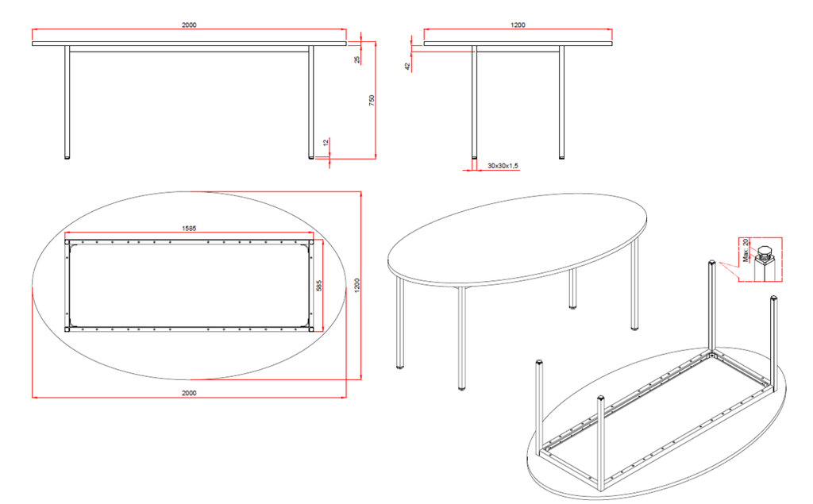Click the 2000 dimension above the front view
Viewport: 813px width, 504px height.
tap(189, 25)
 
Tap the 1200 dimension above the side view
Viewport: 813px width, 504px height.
tap(518, 25)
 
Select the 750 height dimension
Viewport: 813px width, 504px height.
tap(372, 101)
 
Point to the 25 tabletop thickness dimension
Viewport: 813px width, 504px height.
tap(357, 60)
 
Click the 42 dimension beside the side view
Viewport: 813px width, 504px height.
tap(407, 67)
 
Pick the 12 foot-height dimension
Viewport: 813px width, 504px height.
tap(326, 142)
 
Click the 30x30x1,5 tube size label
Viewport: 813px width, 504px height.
tap(503, 166)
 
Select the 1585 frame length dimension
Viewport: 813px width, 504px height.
tap(189, 228)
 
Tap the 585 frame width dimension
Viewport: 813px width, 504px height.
tap(319, 285)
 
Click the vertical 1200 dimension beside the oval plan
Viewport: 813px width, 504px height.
tap(356, 285)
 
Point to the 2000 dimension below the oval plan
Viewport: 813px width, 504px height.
tap(189, 393)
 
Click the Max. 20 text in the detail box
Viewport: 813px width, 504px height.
tap(746, 250)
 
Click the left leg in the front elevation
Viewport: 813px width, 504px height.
tap(67, 102)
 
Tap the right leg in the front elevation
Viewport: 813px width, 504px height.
tap(311, 102)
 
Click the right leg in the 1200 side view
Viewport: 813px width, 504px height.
tap(561, 102)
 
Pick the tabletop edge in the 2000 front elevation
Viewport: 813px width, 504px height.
tap(189, 44)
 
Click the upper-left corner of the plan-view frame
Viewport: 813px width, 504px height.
tap(67, 241)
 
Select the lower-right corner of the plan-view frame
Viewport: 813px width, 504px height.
tap(311, 329)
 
